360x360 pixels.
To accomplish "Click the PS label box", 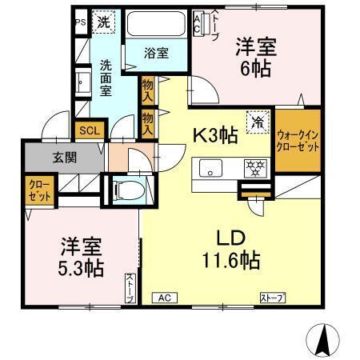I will click(x=81, y=22).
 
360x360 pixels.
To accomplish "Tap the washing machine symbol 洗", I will click(x=105, y=22).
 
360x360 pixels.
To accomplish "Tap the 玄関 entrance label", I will click(x=63, y=158).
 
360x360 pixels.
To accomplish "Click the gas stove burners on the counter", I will click(x=255, y=168).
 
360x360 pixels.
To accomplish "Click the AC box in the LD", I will click(x=164, y=298).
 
